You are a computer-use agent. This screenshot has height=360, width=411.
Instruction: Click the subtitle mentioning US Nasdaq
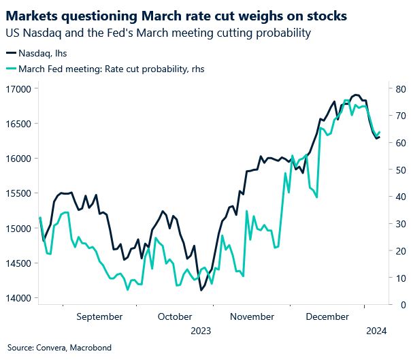[159, 33]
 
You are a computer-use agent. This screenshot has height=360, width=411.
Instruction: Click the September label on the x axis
[100, 316]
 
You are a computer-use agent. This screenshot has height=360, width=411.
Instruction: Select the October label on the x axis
[174, 316]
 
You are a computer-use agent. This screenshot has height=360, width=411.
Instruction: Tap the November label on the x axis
[252, 316]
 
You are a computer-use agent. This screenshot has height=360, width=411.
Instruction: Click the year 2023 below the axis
[200, 331]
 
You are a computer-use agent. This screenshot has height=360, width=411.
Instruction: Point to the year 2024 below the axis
[376, 331]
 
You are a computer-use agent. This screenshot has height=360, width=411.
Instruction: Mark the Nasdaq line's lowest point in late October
[201, 290]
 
